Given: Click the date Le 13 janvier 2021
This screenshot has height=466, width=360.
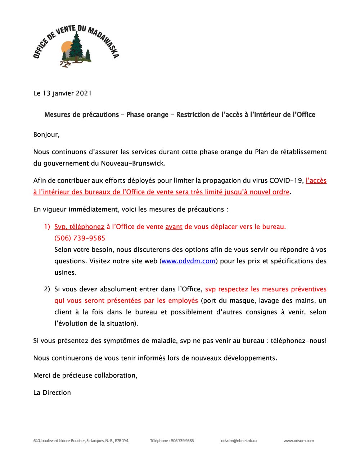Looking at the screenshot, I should click(62, 93).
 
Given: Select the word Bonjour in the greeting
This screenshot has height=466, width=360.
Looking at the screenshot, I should click(46, 135).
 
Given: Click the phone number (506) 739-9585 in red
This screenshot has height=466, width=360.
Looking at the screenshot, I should click(80, 238).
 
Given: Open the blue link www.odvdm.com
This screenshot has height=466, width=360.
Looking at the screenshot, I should click(188, 261).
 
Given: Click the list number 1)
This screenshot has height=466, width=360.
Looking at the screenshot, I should click(47, 227).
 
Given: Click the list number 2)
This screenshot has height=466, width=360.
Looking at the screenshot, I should click(47, 289).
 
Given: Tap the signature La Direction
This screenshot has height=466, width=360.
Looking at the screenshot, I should click(52, 393).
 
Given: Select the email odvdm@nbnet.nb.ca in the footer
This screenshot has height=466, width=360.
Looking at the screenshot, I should click(239, 440).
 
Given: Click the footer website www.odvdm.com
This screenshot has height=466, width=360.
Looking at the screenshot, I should click(298, 440).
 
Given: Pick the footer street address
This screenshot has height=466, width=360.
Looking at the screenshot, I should click(81, 440).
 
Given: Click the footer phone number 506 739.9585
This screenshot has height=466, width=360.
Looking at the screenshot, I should click(182, 440).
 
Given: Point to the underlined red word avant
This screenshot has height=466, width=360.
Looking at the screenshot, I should click(174, 227).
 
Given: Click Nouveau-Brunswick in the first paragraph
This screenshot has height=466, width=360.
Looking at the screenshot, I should click(132, 163).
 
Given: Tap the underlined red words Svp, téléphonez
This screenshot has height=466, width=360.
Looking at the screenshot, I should click(79, 227).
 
